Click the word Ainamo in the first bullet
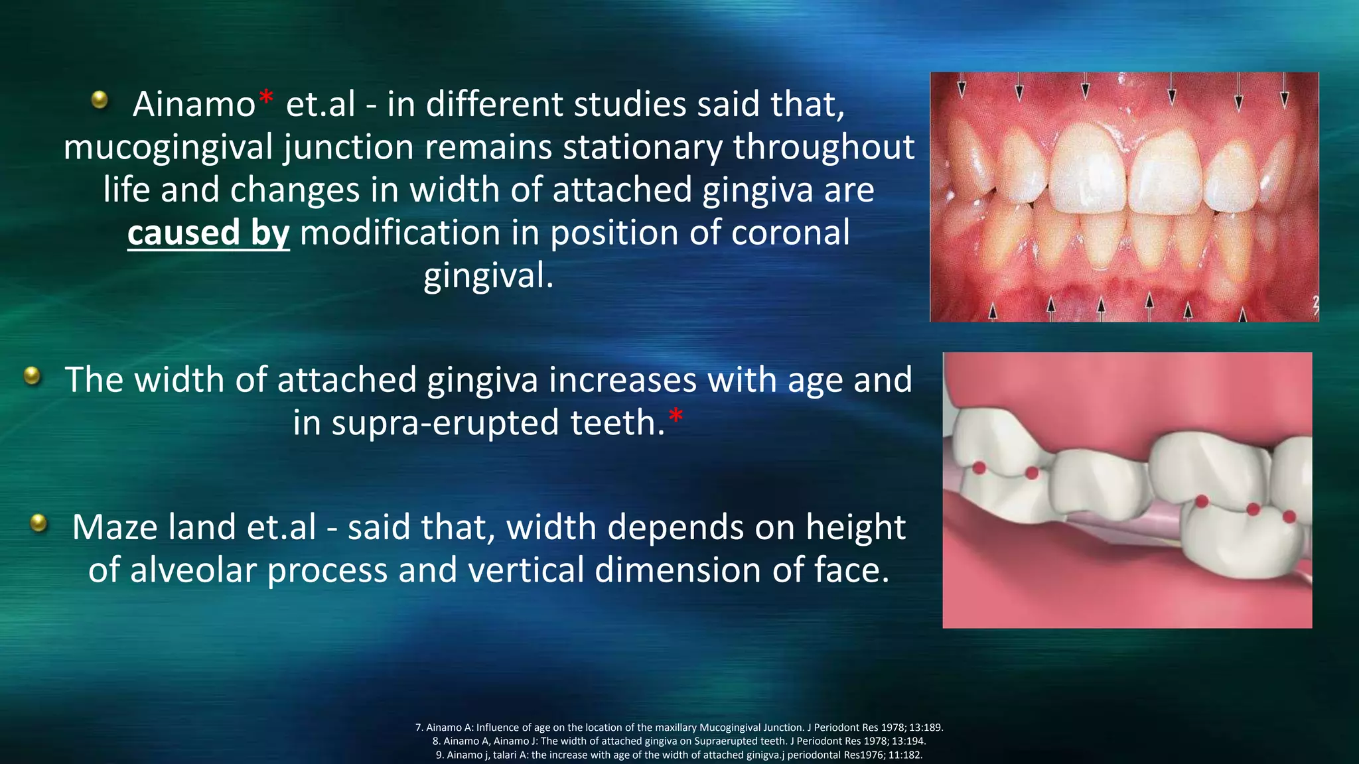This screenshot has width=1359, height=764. [x=194, y=105]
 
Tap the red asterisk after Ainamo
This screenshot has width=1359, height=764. [x=265, y=98]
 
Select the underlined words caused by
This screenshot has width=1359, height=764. [x=208, y=233]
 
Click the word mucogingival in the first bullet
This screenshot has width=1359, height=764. [x=169, y=147]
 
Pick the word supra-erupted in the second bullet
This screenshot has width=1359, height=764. [x=445, y=423]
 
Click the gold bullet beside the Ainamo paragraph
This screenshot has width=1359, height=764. [x=100, y=99]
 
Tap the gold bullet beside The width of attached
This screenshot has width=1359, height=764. [x=32, y=376]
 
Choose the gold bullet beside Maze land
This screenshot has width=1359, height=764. [x=39, y=523]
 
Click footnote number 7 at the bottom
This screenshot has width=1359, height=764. [x=419, y=728]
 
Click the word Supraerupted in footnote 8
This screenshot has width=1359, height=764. [x=725, y=741]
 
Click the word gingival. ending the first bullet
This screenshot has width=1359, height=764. [x=488, y=276]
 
